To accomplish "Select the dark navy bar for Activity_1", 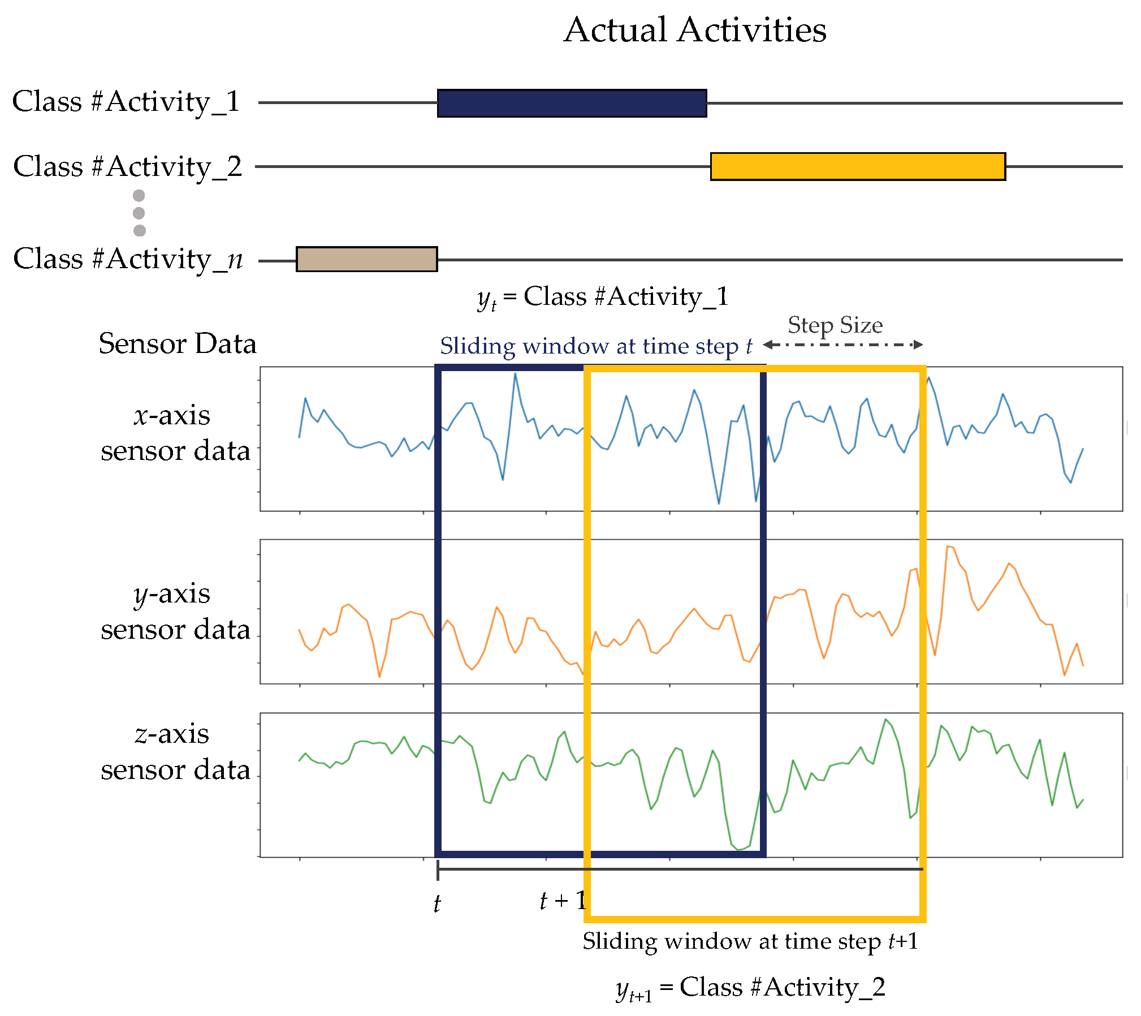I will pos(572,104).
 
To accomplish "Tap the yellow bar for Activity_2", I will pos(857,166).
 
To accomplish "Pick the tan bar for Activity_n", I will pos(366,259).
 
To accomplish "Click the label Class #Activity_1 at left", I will pos(126,102).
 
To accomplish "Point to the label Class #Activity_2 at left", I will pos(127,167).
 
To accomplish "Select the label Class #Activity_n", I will pos(128,259).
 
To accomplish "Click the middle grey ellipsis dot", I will pos(139,213).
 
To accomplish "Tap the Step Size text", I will pos(835,325).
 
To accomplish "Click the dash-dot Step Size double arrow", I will pos(842,345).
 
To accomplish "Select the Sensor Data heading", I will pos(178,344).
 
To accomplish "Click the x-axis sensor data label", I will pos(175,433).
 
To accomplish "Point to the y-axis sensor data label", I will pos(175,612).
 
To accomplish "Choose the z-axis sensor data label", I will pos(175,752).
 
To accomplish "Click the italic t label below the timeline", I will pos(437,903).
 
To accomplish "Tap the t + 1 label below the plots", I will pos(563,900).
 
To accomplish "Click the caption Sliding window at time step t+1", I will pos(750,941).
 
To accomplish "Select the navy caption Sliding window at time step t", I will pos(596,346).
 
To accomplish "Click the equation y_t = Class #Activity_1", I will pos(603,297).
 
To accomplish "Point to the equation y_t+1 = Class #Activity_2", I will pos(750,988).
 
